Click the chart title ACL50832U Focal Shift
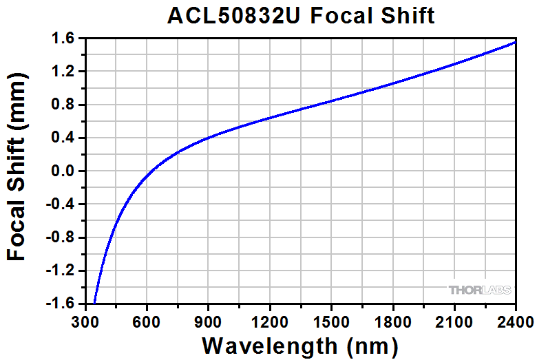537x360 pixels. point(301,15)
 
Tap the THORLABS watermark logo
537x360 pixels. point(480,290)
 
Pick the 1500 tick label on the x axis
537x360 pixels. point(331,321)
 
